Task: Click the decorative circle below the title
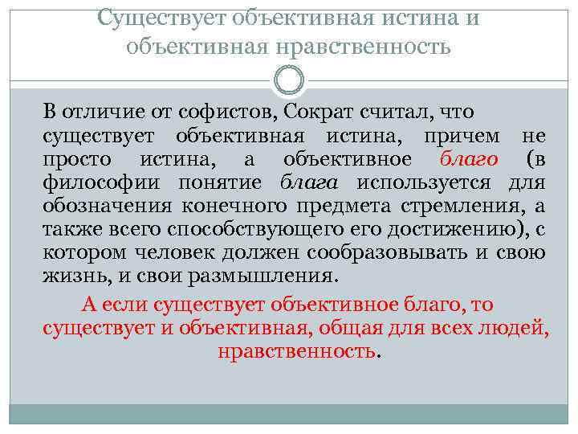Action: coord(289,80)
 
